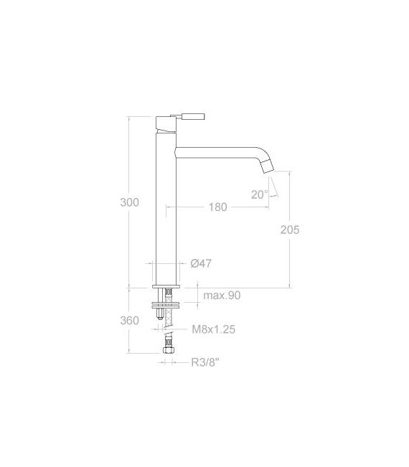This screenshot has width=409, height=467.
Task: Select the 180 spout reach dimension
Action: pos(218,207)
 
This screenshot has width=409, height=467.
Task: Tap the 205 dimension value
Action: pos(290,230)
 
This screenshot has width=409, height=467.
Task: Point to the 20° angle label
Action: pos(259,194)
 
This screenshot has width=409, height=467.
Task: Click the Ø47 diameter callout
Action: pos(201,264)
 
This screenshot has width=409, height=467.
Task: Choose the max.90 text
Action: pos(221,296)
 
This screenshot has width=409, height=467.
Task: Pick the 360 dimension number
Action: pos(129,320)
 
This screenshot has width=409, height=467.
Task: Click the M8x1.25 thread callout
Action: pos(214,330)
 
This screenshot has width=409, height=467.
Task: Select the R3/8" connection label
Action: pos(204,363)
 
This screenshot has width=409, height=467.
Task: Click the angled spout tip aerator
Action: pos(266,168)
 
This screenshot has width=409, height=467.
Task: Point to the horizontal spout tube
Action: pos(215,152)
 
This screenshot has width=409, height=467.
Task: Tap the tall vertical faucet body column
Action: pos(166,208)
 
